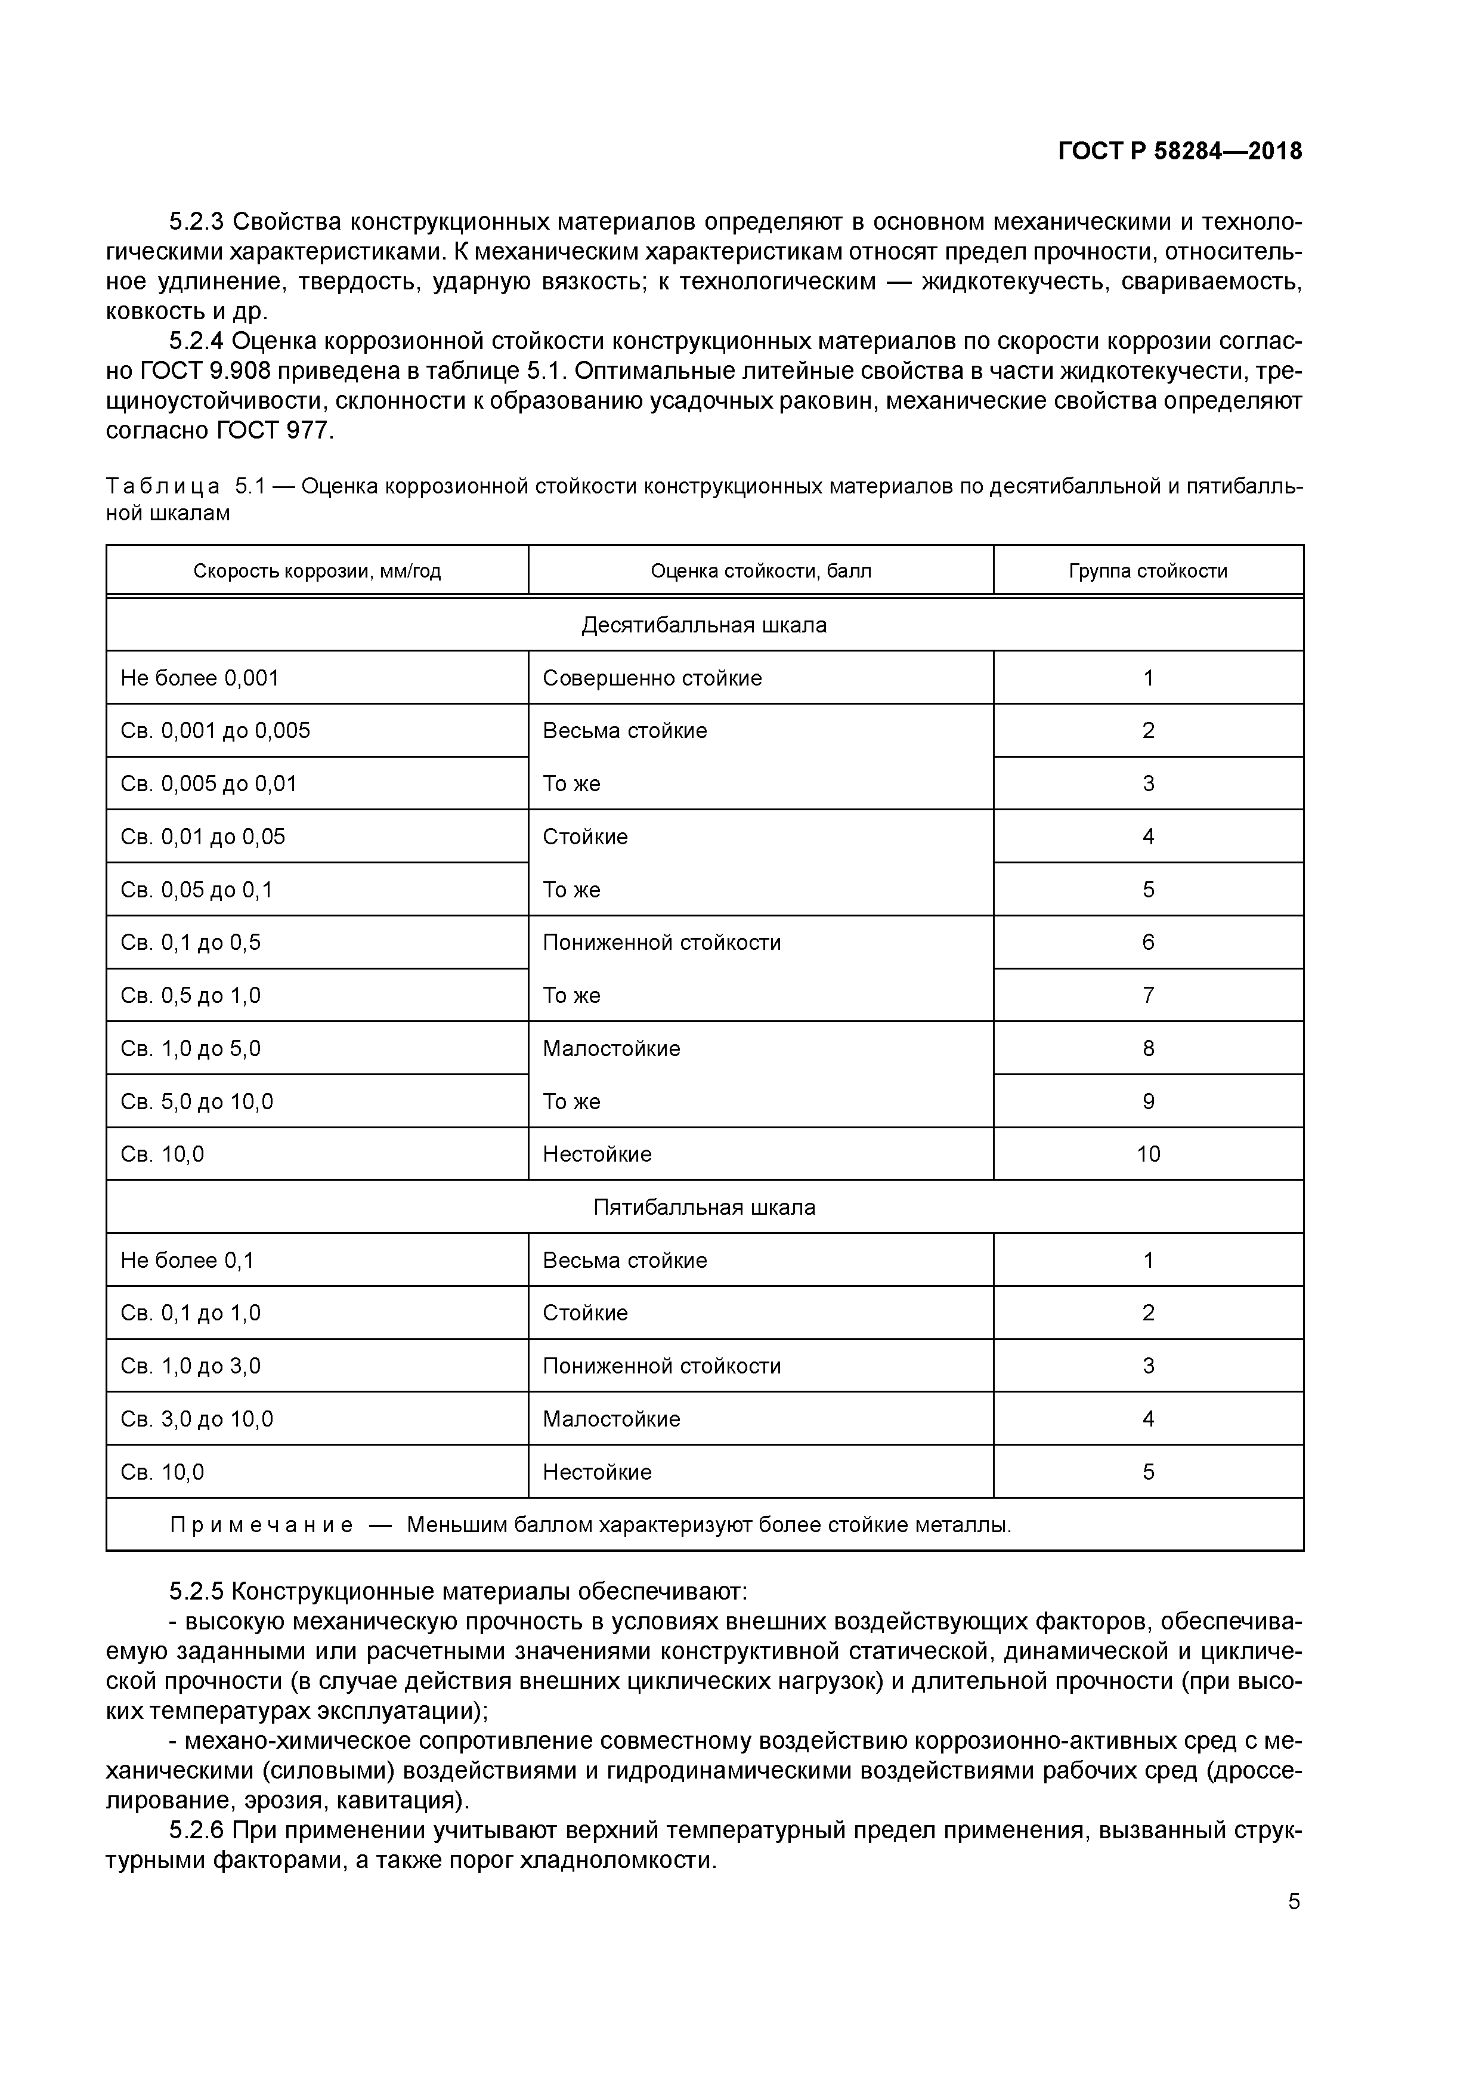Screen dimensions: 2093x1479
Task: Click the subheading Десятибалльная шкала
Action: tap(704, 625)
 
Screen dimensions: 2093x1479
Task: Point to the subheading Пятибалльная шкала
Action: tap(704, 1207)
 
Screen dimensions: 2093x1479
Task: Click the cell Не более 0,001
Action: tap(200, 678)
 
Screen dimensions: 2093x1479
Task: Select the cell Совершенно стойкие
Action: tap(652, 678)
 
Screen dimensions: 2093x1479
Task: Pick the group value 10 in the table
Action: tap(1147, 1154)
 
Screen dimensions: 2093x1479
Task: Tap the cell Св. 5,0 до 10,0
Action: tap(196, 1101)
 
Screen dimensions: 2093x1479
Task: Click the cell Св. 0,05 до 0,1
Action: tap(196, 890)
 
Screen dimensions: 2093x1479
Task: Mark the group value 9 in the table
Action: tap(1147, 1101)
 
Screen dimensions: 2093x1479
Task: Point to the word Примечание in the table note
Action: tap(262, 1525)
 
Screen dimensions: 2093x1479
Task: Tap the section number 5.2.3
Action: tap(196, 221)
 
